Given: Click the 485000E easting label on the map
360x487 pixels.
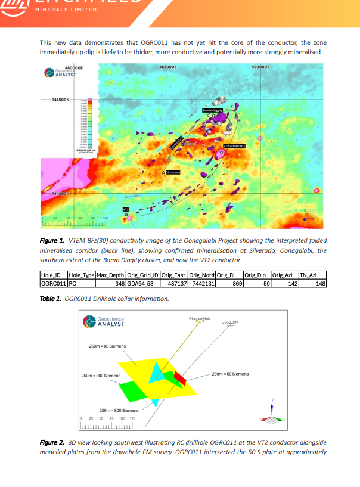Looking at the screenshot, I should [x=169, y=67].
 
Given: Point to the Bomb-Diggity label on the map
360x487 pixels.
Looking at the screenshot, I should [x=212, y=110].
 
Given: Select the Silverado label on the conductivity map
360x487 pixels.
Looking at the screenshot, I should [x=173, y=172].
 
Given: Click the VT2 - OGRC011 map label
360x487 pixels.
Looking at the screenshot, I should [x=234, y=145].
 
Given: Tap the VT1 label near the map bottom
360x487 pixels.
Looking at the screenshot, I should [x=126, y=209].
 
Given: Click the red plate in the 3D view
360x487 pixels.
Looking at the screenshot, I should [x=180, y=378].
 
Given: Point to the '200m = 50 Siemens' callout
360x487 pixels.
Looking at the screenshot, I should [x=230, y=374].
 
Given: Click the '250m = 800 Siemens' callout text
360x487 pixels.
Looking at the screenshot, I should [x=119, y=410].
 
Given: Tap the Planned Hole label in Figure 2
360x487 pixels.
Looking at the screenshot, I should [x=200, y=319].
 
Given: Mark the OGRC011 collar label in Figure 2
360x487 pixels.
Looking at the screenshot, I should [x=229, y=322].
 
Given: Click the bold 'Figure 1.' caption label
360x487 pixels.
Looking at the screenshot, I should [x=52, y=240].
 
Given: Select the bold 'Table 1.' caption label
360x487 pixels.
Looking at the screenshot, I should [x=51, y=298].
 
